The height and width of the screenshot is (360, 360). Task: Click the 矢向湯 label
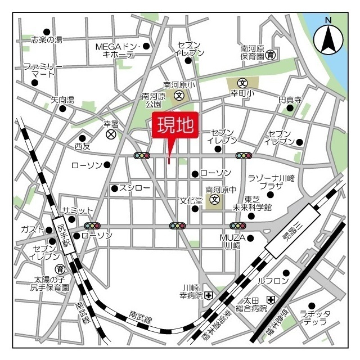62,100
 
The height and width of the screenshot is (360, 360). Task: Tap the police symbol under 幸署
111,135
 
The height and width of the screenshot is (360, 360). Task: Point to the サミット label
77,210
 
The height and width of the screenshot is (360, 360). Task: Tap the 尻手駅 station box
64,236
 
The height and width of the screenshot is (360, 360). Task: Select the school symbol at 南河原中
214,200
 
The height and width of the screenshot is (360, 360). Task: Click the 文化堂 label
191,200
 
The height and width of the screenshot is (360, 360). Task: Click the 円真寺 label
290,100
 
